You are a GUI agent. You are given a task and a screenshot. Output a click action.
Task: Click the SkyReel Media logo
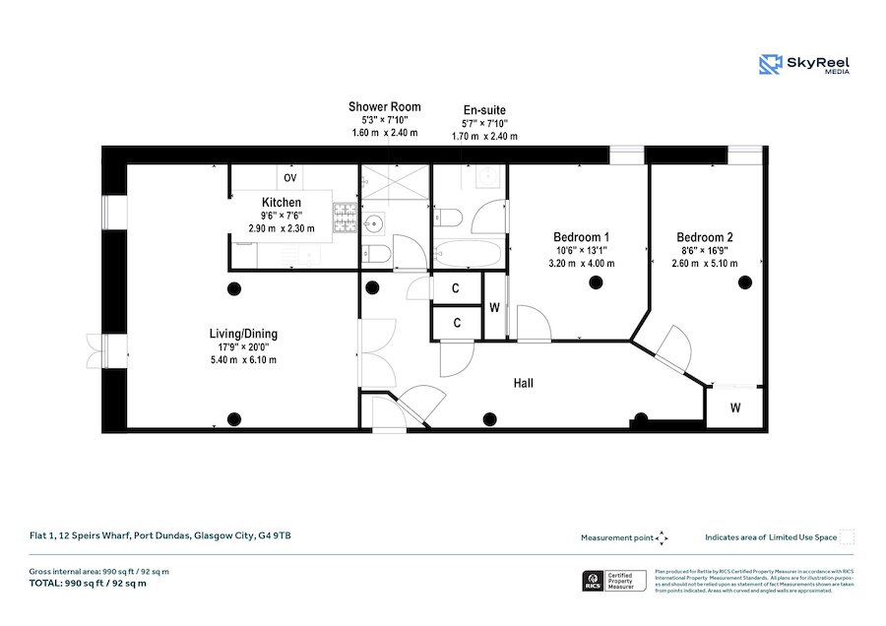point(804,65)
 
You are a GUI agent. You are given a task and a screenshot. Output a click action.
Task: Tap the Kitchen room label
point(281,203)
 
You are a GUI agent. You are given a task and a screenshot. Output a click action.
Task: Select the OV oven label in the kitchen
point(290,178)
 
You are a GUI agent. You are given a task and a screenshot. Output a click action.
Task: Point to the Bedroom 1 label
point(581,237)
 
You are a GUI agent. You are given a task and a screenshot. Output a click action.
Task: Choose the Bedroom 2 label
point(704,237)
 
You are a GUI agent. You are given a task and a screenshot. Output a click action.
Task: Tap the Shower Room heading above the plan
point(384,106)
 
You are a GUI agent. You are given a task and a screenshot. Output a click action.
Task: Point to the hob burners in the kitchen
point(345,219)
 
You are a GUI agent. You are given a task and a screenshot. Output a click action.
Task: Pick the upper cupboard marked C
point(457,288)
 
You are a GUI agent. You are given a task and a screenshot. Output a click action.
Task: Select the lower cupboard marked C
point(457,323)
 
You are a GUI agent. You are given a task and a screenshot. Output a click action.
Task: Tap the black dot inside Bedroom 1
point(595,283)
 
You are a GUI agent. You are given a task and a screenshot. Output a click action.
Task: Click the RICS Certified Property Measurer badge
point(612,581)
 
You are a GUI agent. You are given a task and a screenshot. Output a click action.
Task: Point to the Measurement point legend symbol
point(663,537)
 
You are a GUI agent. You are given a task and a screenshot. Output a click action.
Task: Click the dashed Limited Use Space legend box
point(847,536)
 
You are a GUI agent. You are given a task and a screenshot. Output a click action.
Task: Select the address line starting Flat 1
point(159,536)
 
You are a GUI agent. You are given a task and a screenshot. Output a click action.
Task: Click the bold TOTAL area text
point(88,584)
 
